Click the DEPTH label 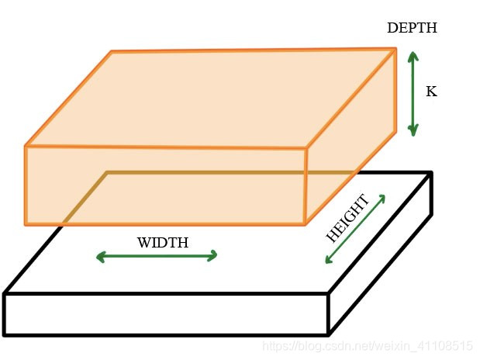(x=412, y=29)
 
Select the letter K (x=431, y=92)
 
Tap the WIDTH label (x=162, y=243)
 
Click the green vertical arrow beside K (x=413, y=93)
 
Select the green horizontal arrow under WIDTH (x=157, y=256)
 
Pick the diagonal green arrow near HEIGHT (x=355, y=229)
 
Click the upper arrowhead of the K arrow (x=413, y=56)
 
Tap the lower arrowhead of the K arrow (x=413, y=131)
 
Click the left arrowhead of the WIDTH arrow (x=99, y=256)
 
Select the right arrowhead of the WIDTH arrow (x=213, y=256)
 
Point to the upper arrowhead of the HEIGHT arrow (x=382, y=199)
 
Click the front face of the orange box (x=165, y=185)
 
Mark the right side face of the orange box (x=351, y=140)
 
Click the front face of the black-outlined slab (x=166, y=314)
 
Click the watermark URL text (x=368, y=345)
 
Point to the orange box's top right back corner (x=395, y=50)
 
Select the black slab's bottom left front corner (x=5, y=334)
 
